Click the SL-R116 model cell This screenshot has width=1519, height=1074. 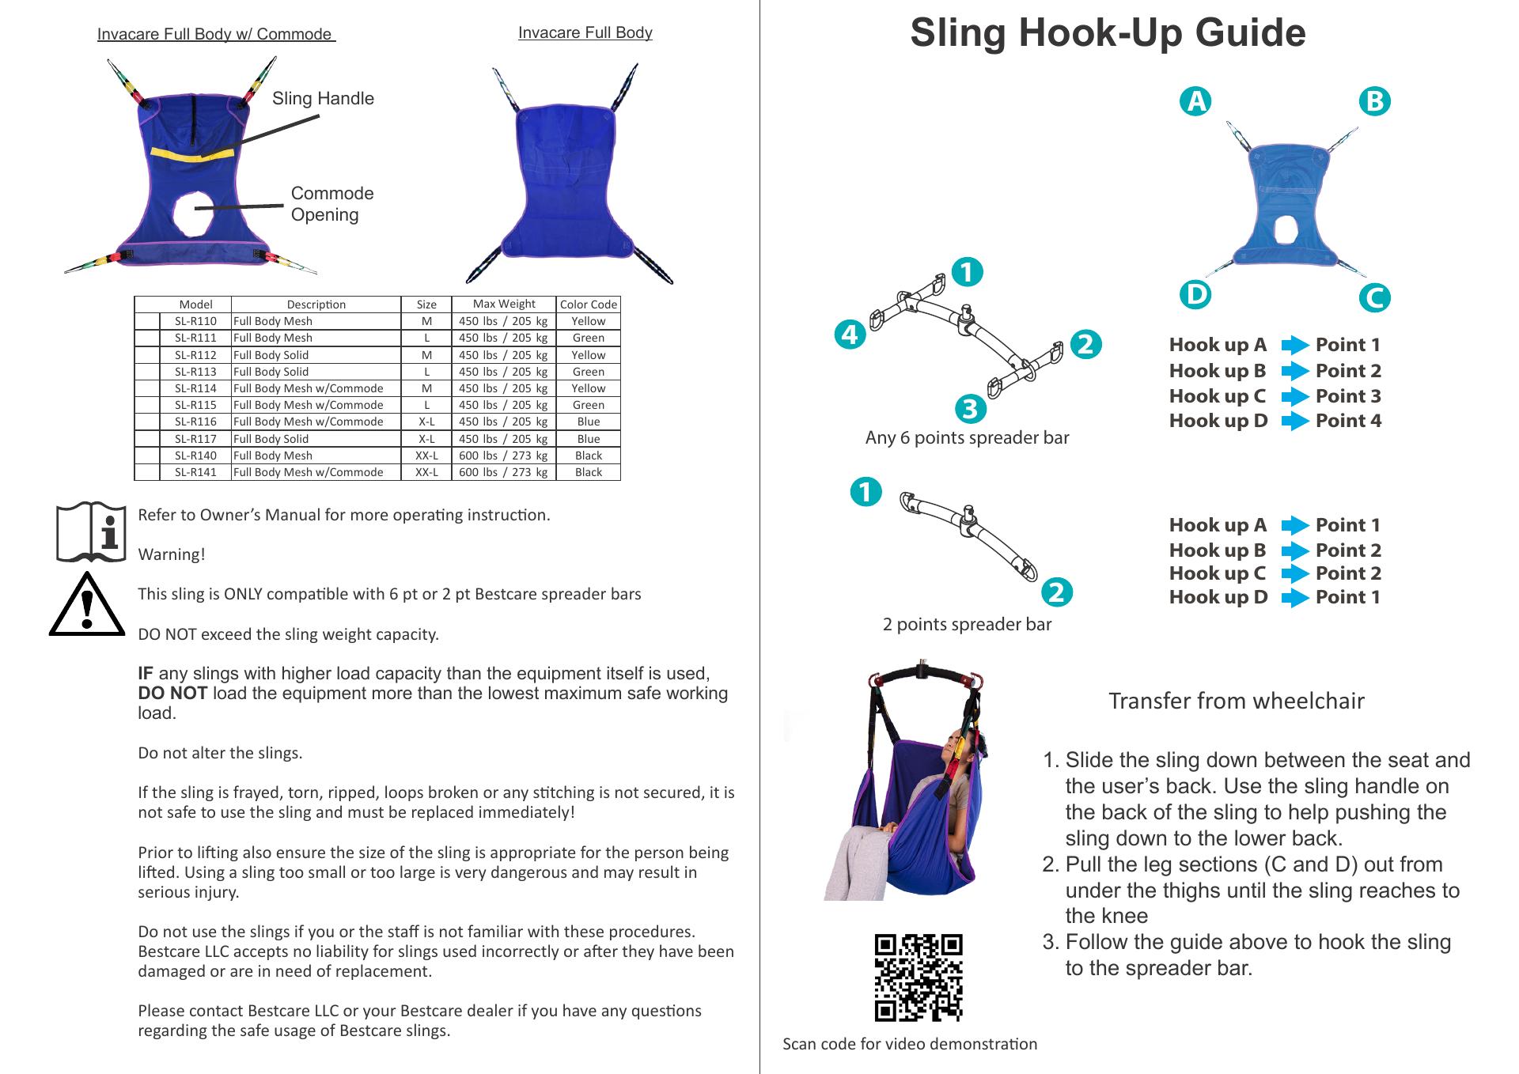tap(195, 422)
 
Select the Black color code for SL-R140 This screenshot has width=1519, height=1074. tap(589, 456)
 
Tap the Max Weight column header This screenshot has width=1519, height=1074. tap(504, 304)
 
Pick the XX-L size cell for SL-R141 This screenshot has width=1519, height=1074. tap(426, 472)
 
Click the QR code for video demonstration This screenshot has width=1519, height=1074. tap(919, 978)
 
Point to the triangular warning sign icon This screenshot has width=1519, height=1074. tap(87, 604)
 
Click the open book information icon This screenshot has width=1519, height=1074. tap(91, 532)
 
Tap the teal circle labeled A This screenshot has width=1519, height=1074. tap(1195, 101)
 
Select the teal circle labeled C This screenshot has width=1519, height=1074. tap(1376, 298)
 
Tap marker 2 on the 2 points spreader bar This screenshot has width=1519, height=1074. tap(1057, 592)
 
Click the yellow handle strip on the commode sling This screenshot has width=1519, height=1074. tap(193, 153)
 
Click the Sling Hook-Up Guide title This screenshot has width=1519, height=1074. tap(1108, 32)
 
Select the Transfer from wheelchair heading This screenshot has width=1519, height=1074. tap(1236, 701)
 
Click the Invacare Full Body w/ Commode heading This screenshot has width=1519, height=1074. tap(216, 34)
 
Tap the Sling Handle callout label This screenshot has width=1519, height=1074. tap(323, 98)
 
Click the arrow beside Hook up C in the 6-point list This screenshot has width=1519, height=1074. tap(1295, 396)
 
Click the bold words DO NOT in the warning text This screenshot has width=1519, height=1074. tap(172, 694)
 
